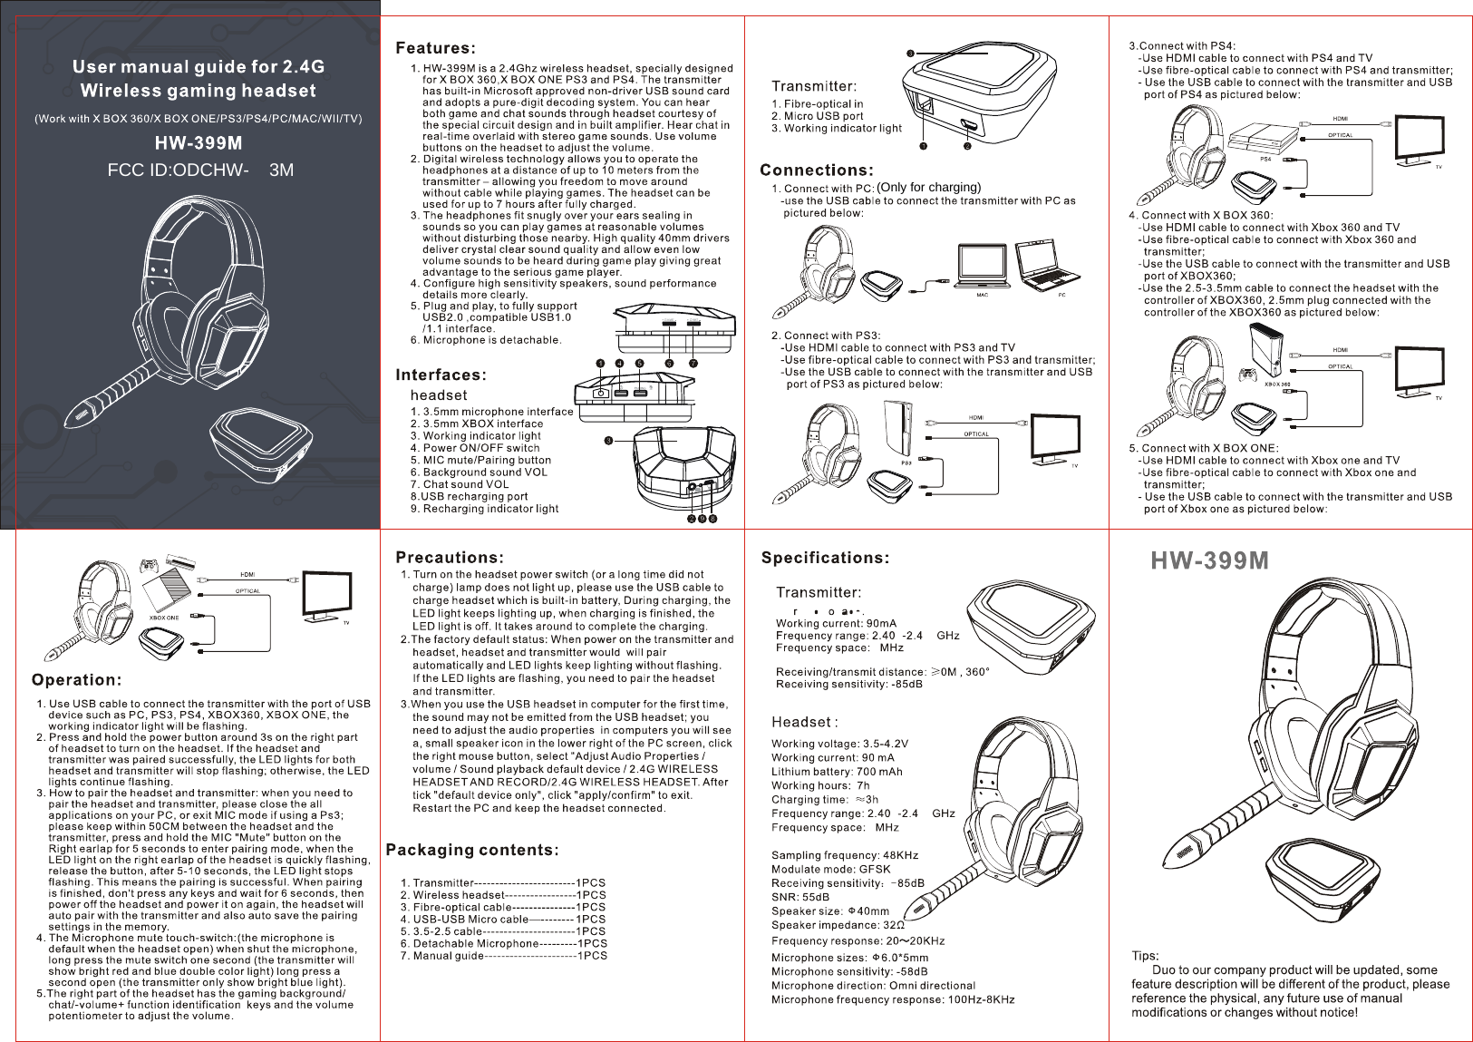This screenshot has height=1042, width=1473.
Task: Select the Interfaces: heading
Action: [x=441, y=375]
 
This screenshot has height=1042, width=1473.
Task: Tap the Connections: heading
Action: [x=816, y=170]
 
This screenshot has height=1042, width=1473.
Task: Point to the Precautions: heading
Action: [x=450, y=557]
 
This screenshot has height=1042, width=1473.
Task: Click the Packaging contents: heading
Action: [x=471, y=850]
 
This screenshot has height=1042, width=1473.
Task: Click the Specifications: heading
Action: [x=825, y=557]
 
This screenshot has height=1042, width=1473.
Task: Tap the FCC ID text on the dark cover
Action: [x=200, y=170]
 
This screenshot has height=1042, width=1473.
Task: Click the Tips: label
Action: [x=1146, y=955]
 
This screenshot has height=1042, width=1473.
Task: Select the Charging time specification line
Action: [x=824, y=800]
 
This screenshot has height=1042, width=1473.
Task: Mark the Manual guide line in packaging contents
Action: [x=503, y=955]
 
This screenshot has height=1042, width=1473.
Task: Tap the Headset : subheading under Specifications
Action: [x=804, y=722]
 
